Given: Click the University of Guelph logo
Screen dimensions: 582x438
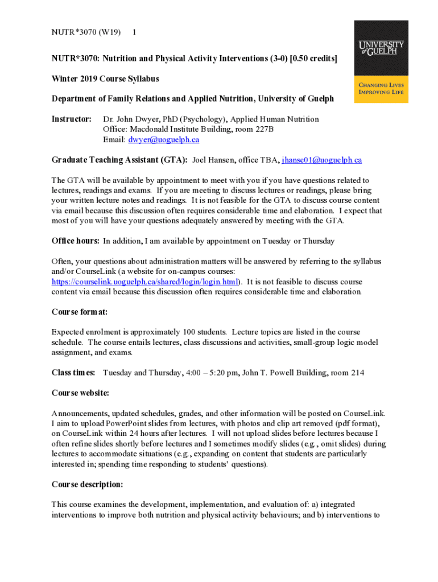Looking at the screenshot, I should (x=381, y=61).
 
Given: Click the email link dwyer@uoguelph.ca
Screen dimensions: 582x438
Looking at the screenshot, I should (x=163, y=139).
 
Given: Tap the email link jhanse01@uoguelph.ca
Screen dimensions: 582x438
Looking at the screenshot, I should (x=321, y=160).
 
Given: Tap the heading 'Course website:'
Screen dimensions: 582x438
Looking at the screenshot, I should (x=80, y=393).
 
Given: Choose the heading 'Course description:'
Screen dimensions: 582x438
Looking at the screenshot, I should (x=87, y=485).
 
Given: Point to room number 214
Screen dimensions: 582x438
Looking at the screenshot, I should (x=357, y=373).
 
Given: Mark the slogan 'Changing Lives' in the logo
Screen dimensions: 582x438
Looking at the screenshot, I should (x=381, y=85).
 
